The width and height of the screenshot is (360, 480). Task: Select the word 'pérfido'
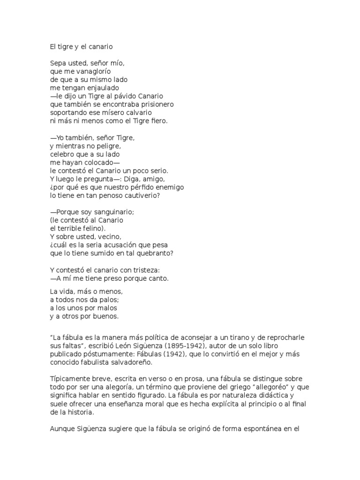click(x=143, y=187)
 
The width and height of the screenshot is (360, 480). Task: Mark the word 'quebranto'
click(x=156, y=254)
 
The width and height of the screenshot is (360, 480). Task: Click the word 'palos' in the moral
click(x=108, y=300)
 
